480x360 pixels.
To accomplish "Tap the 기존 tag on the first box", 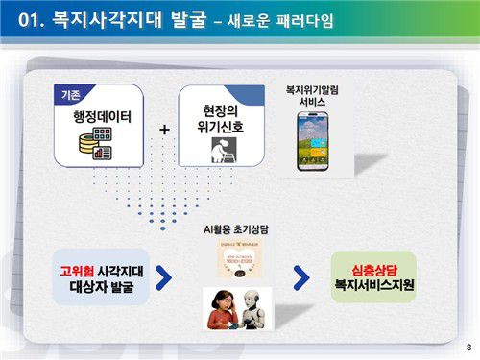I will pos(70,95).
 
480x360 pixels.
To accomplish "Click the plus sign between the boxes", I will pos(164,129).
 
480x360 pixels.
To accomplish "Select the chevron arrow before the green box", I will pos(301,277).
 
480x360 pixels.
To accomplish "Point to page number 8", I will pos(468,347).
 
